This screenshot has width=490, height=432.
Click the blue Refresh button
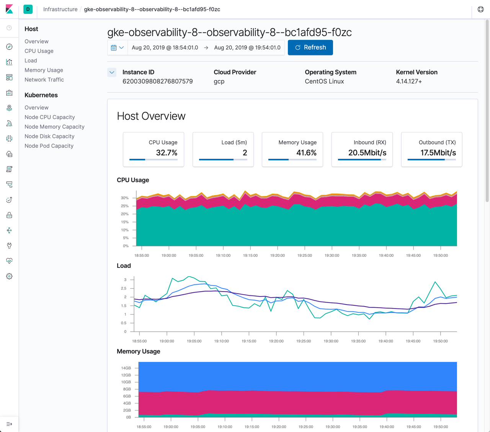310,47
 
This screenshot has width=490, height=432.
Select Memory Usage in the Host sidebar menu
44,70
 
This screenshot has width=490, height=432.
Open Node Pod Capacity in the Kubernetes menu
49,146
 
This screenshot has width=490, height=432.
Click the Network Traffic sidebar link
44,80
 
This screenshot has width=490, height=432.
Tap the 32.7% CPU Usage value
167,153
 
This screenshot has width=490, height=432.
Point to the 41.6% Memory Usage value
306,153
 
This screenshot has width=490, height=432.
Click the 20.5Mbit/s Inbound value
367,153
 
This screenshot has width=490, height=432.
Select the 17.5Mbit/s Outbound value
438,153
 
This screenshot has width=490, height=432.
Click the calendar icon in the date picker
114,48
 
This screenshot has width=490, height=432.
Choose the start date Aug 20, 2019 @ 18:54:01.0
165,47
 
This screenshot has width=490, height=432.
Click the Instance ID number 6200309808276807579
157,82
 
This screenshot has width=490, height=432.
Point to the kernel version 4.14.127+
409,82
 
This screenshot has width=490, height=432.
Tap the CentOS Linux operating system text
324,82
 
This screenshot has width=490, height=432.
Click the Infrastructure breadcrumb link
60,9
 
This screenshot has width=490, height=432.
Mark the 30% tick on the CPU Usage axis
124,198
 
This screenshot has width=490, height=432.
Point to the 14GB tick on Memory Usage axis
126,368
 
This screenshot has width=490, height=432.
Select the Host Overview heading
151,116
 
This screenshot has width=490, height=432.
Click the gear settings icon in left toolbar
9,276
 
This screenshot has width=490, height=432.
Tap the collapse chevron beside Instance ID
112,72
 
